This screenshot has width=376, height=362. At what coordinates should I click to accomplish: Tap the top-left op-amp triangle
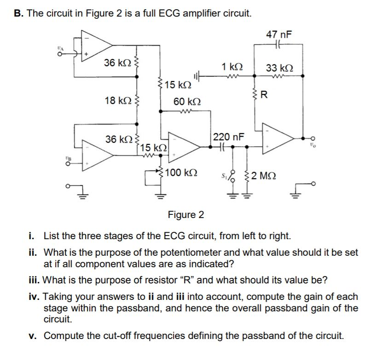[96, 43]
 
